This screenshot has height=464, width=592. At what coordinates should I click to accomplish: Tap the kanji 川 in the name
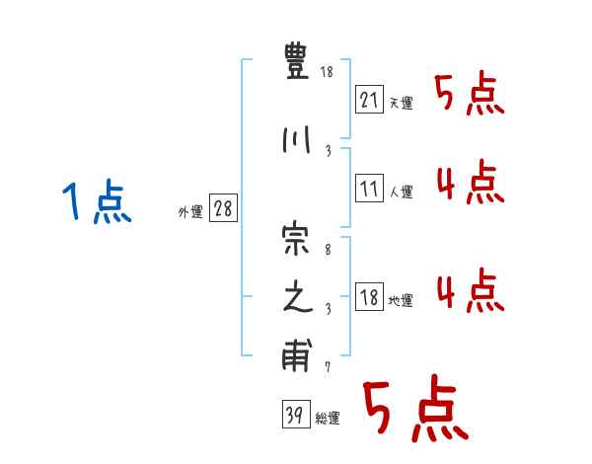[296, 141]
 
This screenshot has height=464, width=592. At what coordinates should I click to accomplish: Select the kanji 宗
[296, 241]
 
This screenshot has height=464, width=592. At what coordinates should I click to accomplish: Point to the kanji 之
[296, 299]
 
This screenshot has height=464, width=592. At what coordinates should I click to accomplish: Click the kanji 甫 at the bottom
[296, 357]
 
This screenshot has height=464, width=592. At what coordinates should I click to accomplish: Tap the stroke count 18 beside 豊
[327, 73]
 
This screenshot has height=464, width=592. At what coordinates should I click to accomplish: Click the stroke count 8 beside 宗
[327, 252]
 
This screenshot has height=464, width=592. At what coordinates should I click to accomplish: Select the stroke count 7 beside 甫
[327, 367]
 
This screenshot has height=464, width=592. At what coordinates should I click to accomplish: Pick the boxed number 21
[368, 99]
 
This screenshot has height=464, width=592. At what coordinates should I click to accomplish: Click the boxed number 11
[368, 189]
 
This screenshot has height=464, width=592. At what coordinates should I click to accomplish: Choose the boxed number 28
[223, 209]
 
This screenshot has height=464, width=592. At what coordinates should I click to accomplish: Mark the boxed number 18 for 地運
[368, 297]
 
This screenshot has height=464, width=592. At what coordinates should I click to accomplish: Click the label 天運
[400, 104]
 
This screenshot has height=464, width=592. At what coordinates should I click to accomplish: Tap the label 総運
[328, 419]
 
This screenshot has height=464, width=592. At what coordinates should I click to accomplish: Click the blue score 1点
[96, 203]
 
